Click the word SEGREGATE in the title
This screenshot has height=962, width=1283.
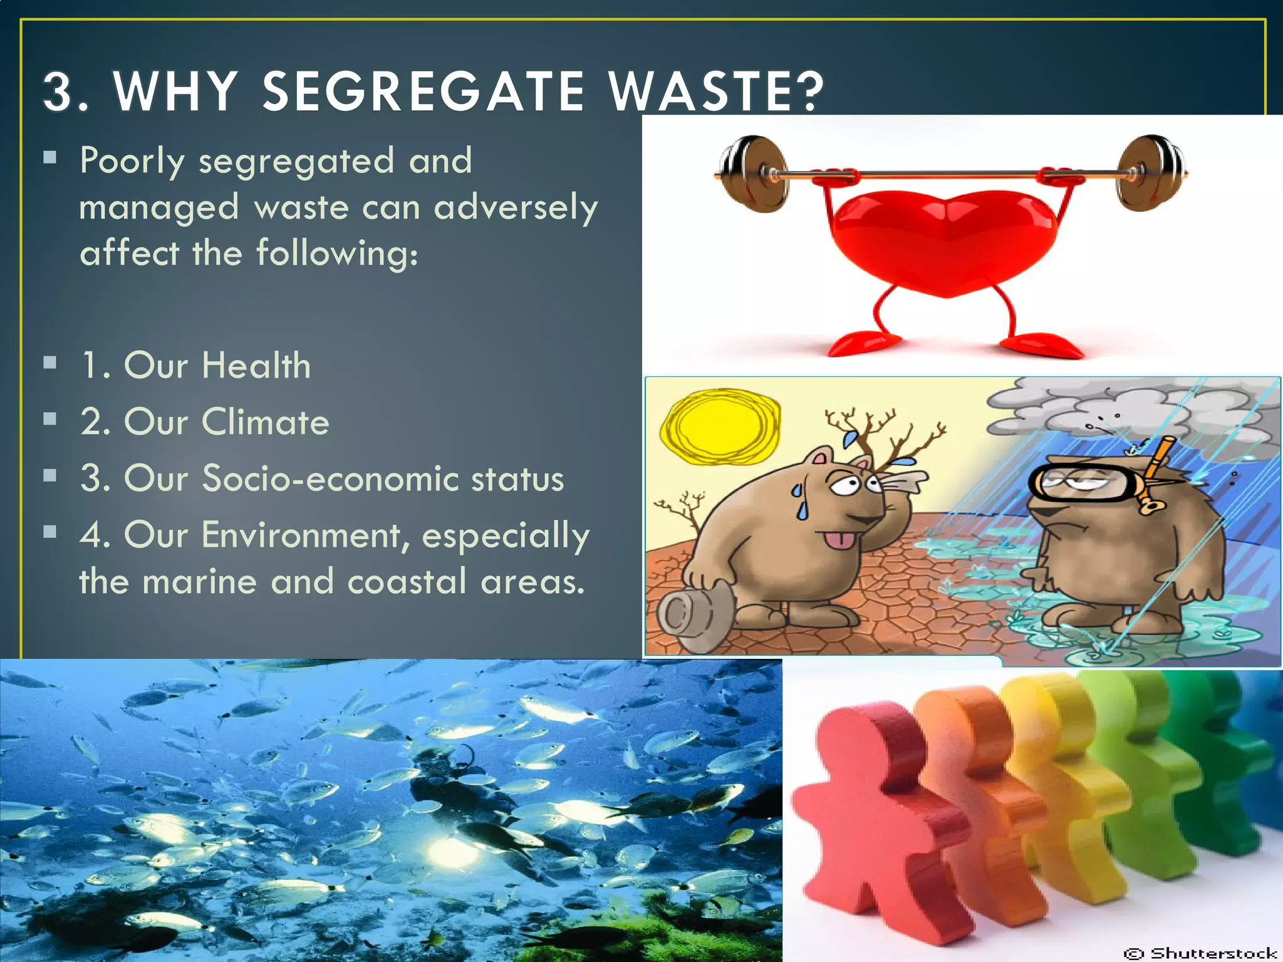[x=423, y=91]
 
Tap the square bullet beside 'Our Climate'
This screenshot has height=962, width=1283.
[x=50, y=419]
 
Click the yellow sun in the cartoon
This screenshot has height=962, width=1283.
[x=720, y=426]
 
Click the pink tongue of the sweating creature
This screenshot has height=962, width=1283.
[x=839, y=539]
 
